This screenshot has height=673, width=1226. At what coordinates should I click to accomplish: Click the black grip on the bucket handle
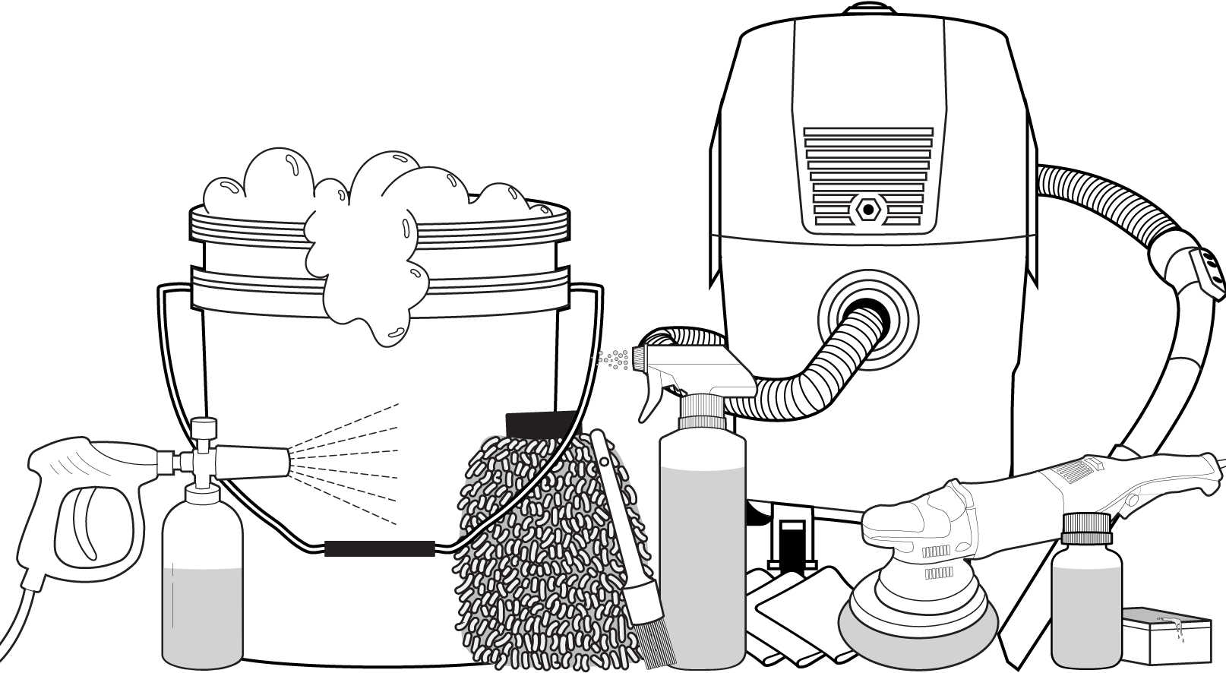point(380,548)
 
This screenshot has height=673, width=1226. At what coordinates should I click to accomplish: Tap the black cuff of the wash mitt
point(541,422)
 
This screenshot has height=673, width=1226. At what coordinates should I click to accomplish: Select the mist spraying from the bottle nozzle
point(614,357)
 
